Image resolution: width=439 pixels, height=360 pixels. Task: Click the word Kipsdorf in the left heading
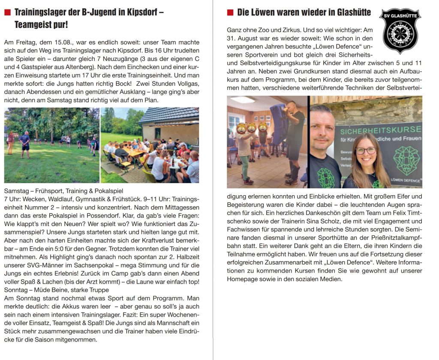pos(142,12)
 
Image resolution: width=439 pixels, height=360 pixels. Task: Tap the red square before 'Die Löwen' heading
pos(230,12)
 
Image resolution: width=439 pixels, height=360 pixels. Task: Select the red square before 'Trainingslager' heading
pos(7,12)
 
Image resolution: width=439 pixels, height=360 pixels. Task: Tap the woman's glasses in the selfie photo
pos(366,151)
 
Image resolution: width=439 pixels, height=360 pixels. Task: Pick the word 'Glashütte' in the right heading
pos(350,12)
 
